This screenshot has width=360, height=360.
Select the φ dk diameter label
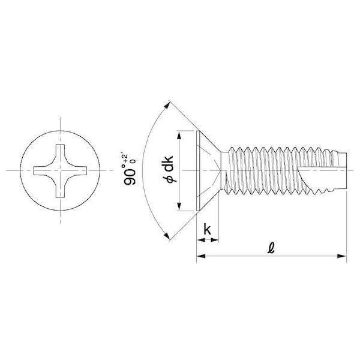click(x=169, y=169)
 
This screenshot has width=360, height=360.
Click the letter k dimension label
click(x=208, y=229)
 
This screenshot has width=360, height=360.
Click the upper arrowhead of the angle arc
click(x=167, y=106)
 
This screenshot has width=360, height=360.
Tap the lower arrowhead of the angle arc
click(x=167, y=235)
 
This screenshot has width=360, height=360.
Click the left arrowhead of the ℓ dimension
click(x=201, y=256)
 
